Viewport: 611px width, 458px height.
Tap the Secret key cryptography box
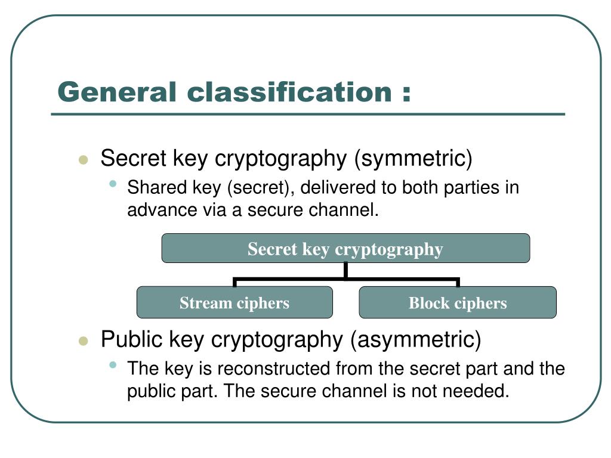tap(345, 248)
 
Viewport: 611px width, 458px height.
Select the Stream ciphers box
tap(234, 302)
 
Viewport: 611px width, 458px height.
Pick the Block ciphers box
tap(458, 302)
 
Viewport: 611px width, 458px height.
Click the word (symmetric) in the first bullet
tap(413, 159)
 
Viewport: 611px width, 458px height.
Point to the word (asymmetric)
tap(415, 339)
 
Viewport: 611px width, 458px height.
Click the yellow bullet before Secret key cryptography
tap(84, 160)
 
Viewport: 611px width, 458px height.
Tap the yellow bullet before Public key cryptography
tap(84, 341)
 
